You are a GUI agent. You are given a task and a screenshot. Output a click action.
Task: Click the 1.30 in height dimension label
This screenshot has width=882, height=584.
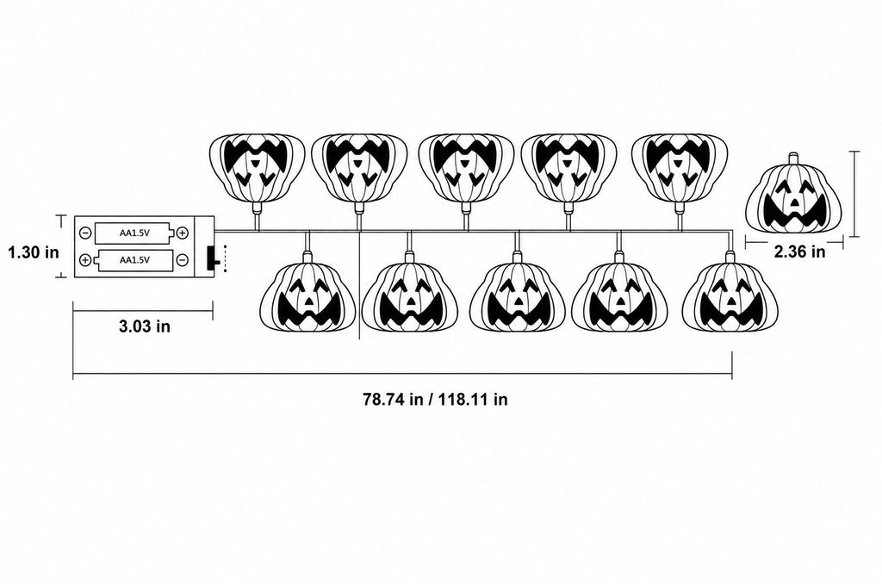tap(34, 252)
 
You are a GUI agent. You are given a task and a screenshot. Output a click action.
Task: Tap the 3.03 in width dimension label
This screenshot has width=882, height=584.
tap(145, 326)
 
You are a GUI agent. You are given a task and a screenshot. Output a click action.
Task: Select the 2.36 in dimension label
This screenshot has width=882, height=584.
tap(800, 252)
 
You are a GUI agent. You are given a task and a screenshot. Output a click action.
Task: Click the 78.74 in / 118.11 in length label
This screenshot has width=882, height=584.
tap(435, 400)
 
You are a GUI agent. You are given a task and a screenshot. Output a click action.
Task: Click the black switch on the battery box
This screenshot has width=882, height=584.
tap(212, 258)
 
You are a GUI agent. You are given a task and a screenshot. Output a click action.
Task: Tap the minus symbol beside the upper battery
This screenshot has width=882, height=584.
tap(85, 233)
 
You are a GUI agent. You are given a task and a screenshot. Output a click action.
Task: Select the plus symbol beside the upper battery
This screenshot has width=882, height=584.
tap(183, 233)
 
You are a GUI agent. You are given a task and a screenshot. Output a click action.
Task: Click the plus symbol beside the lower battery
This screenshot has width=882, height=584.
tap(85, 259)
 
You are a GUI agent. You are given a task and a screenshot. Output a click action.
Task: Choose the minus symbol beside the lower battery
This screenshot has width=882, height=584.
tap(183, 259)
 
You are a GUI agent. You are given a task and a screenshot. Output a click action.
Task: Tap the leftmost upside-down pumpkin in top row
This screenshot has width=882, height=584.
tap(257, 168)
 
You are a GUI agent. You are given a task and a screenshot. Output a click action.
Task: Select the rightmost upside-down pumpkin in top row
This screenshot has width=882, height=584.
tap(680, 168)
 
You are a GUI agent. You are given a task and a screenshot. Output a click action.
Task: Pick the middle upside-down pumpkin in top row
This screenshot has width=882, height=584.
tap(466, 168)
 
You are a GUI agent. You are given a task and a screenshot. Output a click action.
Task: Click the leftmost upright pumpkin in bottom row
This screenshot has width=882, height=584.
tap(307, 296)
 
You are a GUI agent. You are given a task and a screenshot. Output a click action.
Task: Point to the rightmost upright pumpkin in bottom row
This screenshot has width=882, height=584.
tap(730, 296)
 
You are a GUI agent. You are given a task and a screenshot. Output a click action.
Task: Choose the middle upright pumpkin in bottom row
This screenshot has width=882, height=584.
tap(517, 296)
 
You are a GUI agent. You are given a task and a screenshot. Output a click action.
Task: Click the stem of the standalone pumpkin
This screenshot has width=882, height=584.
tap(793, 158)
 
